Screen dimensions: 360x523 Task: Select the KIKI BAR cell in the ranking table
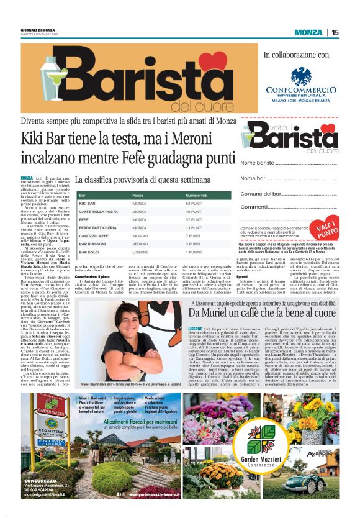(x=88, y=204)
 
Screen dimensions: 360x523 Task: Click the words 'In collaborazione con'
(x=296, y=55)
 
